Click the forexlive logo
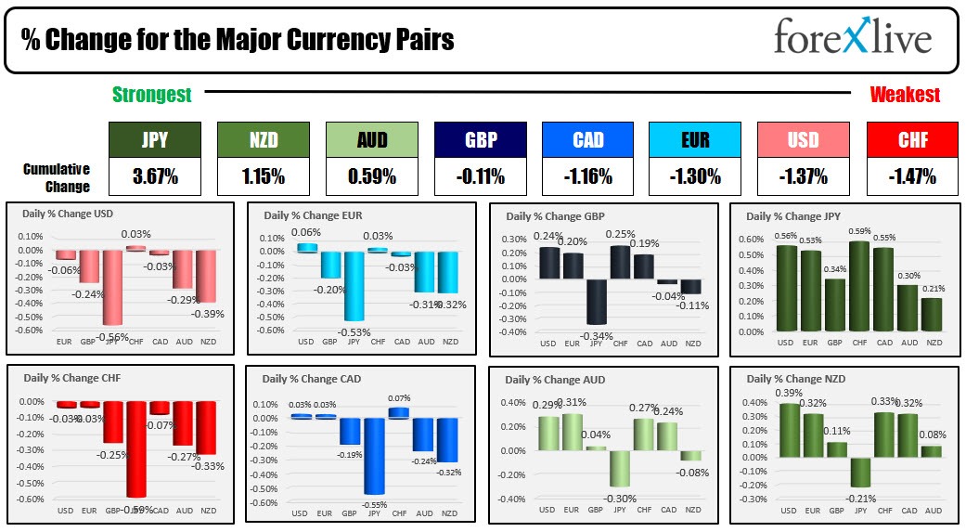coord(853,40)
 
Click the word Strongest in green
coord(151,94)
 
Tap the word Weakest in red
coord(904,94)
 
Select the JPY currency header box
coord(155,139)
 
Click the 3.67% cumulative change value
coord(155,175)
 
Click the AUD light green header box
coord(371,139)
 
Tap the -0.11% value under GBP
coord(480,175)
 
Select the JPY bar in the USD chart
coord(113,287)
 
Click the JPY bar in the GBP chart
coord(597,301)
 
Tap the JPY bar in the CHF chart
coord(137,448)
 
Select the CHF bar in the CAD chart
coord(399,412)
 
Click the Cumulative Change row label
coord(57,177)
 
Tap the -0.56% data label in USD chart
coord(114,337)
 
